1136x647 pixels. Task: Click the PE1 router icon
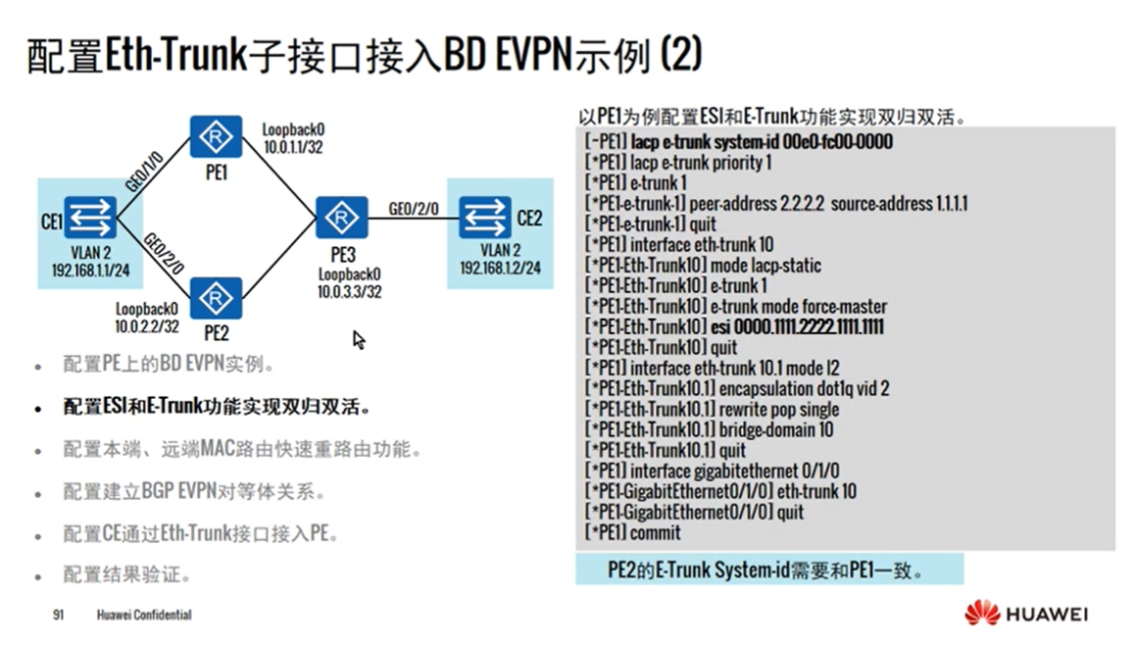(216, 137)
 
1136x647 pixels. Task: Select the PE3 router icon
(342, 218)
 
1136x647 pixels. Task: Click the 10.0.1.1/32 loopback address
(293, 147)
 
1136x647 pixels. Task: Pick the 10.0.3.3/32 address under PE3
(349, 291)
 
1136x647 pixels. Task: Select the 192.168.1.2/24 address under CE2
(499, 268)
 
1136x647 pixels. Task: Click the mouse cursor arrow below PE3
(359, 339)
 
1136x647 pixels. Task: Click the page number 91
(58, 616)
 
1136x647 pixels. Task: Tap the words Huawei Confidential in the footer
(144, 616)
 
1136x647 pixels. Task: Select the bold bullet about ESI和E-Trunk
(217, 407)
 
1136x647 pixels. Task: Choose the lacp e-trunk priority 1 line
(677, 162)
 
